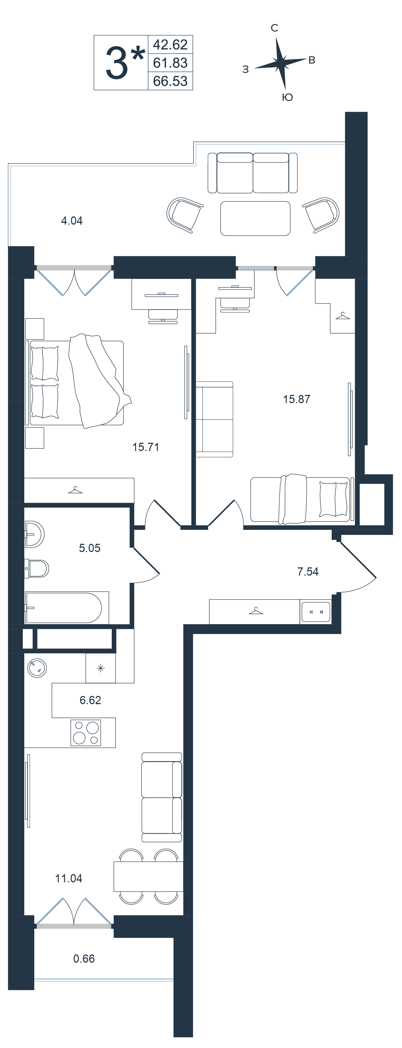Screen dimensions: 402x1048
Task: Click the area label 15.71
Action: click(146, 447)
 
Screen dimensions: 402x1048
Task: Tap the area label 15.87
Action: click(297, 399)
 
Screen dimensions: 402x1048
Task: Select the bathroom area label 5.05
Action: click(90, 548)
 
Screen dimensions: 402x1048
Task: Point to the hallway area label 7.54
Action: click(308, 572)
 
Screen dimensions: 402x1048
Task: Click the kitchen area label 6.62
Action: click(90, 700)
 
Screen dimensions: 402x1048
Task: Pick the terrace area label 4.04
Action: click(72, 221)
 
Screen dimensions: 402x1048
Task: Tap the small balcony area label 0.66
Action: click(84, 958)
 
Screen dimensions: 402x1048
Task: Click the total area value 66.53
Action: click(170, 81)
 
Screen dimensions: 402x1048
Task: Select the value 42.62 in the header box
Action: click(170, 44)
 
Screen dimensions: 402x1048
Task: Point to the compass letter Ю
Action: click(288, 97)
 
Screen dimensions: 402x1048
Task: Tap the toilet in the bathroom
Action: click(37, 568)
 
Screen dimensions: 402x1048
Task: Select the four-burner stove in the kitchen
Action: click(86, 733)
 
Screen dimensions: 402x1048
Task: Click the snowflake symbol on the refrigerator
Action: click(101, 668)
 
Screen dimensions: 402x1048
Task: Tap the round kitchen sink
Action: click(37, 668)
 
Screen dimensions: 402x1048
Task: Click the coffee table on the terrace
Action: click(255, 219)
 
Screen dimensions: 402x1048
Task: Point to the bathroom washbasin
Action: click(34, 534)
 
